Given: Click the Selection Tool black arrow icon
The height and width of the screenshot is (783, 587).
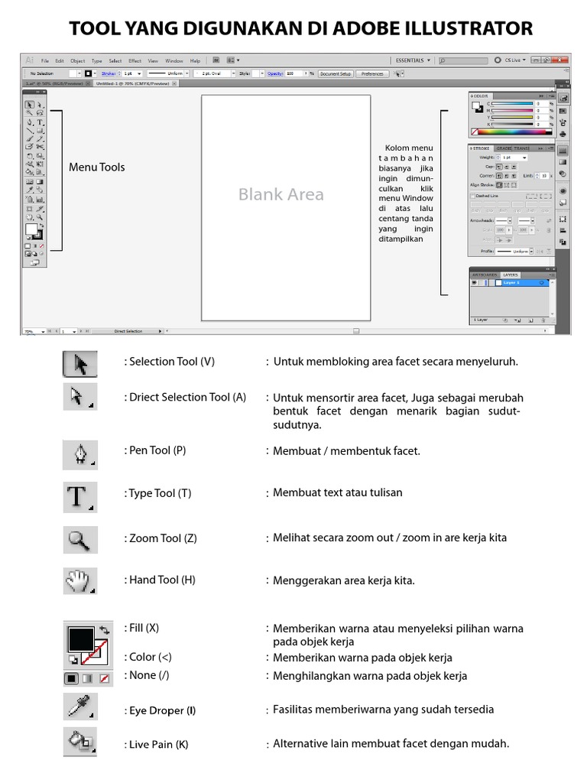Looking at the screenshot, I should pos(80,364).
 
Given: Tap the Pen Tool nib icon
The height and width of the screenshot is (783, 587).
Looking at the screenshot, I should pos(80,454).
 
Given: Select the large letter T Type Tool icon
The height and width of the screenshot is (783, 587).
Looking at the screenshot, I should pos(79,496).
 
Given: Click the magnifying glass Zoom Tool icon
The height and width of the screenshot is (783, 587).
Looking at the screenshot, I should pos(79,540).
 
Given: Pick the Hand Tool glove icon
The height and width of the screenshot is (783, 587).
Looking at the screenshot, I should pos(79,582).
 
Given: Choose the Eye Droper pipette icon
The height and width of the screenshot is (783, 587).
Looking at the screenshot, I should pos(79,707).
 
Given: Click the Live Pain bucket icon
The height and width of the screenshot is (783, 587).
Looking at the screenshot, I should pos(79,742).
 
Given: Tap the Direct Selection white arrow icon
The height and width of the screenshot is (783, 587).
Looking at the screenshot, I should pos(79,397).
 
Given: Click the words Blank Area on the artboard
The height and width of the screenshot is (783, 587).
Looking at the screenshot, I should pos(281,194).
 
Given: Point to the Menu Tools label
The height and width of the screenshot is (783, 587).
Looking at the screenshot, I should pos(96,167).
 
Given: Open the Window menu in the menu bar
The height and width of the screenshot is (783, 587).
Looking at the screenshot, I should pos(174,60).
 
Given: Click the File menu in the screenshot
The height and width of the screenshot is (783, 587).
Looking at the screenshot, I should pos(45,60).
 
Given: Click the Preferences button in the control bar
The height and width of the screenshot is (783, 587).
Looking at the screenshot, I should pos(372,74).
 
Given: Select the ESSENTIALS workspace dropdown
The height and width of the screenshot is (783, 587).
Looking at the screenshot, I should pos(413,60).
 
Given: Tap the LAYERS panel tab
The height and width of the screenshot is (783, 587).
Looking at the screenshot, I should pos(510,275).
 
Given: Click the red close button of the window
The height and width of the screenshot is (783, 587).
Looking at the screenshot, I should pos(562,60).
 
